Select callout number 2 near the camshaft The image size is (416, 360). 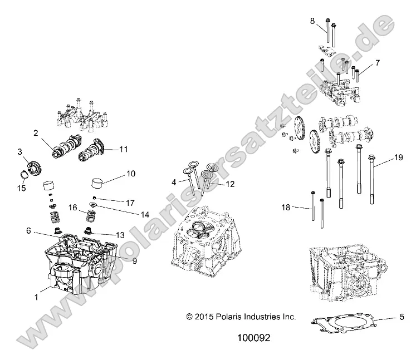[x=35, y=133]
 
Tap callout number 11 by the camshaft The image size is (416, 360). [x=124, y=149]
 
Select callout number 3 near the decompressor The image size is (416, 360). [x=19, y=151]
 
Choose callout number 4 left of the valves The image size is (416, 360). [x=174, y=182]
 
